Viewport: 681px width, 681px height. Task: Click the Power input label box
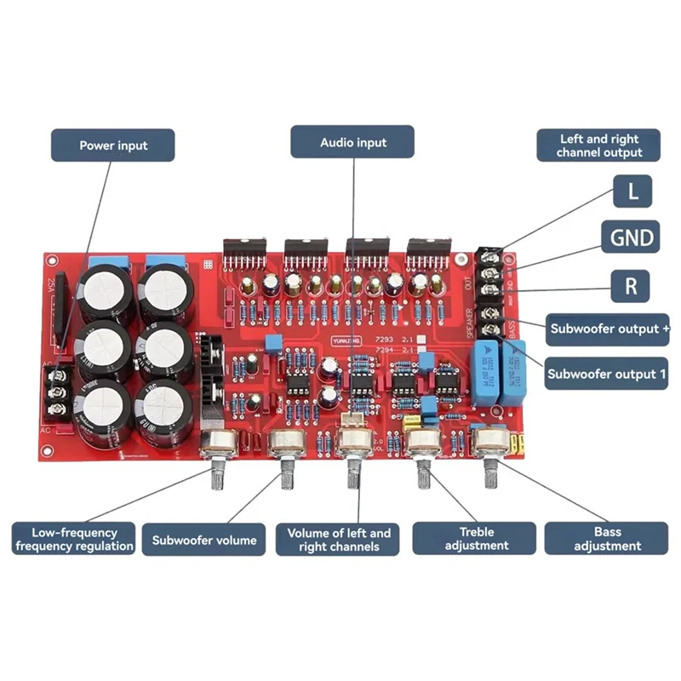tap(113, 146)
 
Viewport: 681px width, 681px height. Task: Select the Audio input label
tap(352, 143)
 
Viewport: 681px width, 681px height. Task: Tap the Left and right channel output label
tap(599, 146)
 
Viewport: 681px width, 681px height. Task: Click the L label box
tap(632, 192)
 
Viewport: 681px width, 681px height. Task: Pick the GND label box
tap(632, 237)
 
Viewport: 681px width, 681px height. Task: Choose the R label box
tap(632, 284)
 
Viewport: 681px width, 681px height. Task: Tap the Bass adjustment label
tap(607, 539)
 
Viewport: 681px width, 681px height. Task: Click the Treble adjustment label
tap(474, 539)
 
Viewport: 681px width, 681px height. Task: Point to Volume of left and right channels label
tap(339, 539)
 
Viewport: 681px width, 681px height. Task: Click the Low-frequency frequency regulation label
tap(74, 539)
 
